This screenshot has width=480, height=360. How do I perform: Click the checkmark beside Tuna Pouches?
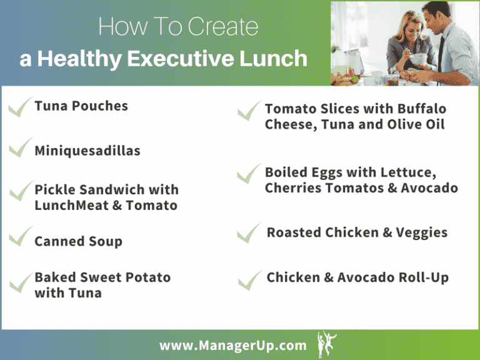click(x=20, y=107)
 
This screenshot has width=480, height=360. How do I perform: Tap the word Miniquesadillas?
click(x=87, y=151)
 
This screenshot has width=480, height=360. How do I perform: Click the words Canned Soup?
click(x=78, y=241)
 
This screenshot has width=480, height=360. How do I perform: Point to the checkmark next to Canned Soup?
click(x=20, y=236)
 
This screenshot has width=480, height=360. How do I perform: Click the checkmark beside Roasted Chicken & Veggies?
click(x=249, y=232)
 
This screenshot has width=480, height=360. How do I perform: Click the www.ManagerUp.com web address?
click(x=233, y=346)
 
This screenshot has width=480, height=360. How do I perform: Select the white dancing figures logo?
click(x=326, y=344)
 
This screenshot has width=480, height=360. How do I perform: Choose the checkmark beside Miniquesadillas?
click(x=20, y=147)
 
